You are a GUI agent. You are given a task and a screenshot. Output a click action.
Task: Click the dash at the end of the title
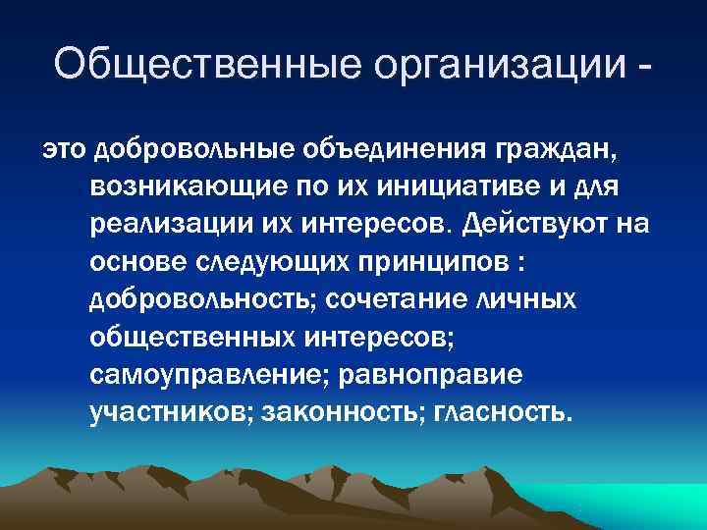(642, 67)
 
